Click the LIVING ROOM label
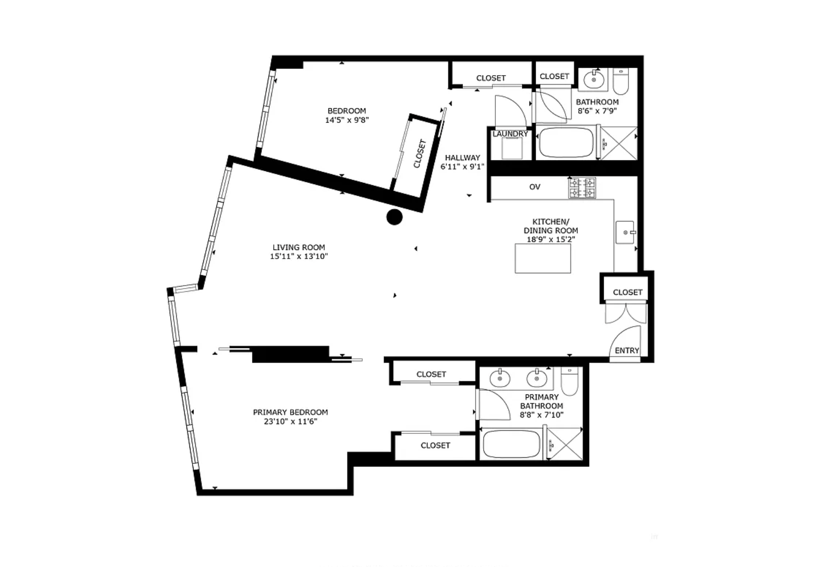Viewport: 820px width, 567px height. (299, 247)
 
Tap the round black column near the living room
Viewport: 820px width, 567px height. (394, 217)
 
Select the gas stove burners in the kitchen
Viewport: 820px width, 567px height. (582, 188)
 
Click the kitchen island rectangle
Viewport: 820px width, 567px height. (543, 259)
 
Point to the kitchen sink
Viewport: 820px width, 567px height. (625, 232)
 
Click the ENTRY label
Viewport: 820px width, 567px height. (627, 351)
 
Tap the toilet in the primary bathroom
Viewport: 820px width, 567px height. (569, 381)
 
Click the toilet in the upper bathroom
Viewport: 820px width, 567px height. (620, 81)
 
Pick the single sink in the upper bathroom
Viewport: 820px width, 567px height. (593, 79)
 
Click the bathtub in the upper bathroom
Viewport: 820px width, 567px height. (566, 142)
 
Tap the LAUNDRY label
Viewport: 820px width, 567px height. (510, 134)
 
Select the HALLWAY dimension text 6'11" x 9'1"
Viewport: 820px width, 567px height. (462, 167)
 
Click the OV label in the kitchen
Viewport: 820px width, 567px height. (535, 187)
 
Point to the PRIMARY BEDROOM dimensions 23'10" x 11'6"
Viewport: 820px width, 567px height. (290, 421)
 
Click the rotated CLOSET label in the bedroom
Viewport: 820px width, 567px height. (420, 154)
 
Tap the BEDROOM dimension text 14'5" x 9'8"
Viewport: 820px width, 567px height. (346, 120)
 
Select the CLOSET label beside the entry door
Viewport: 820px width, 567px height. (627, 292)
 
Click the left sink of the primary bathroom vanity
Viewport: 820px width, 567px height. (500, 378)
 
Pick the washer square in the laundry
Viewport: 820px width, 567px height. (512, 148)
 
